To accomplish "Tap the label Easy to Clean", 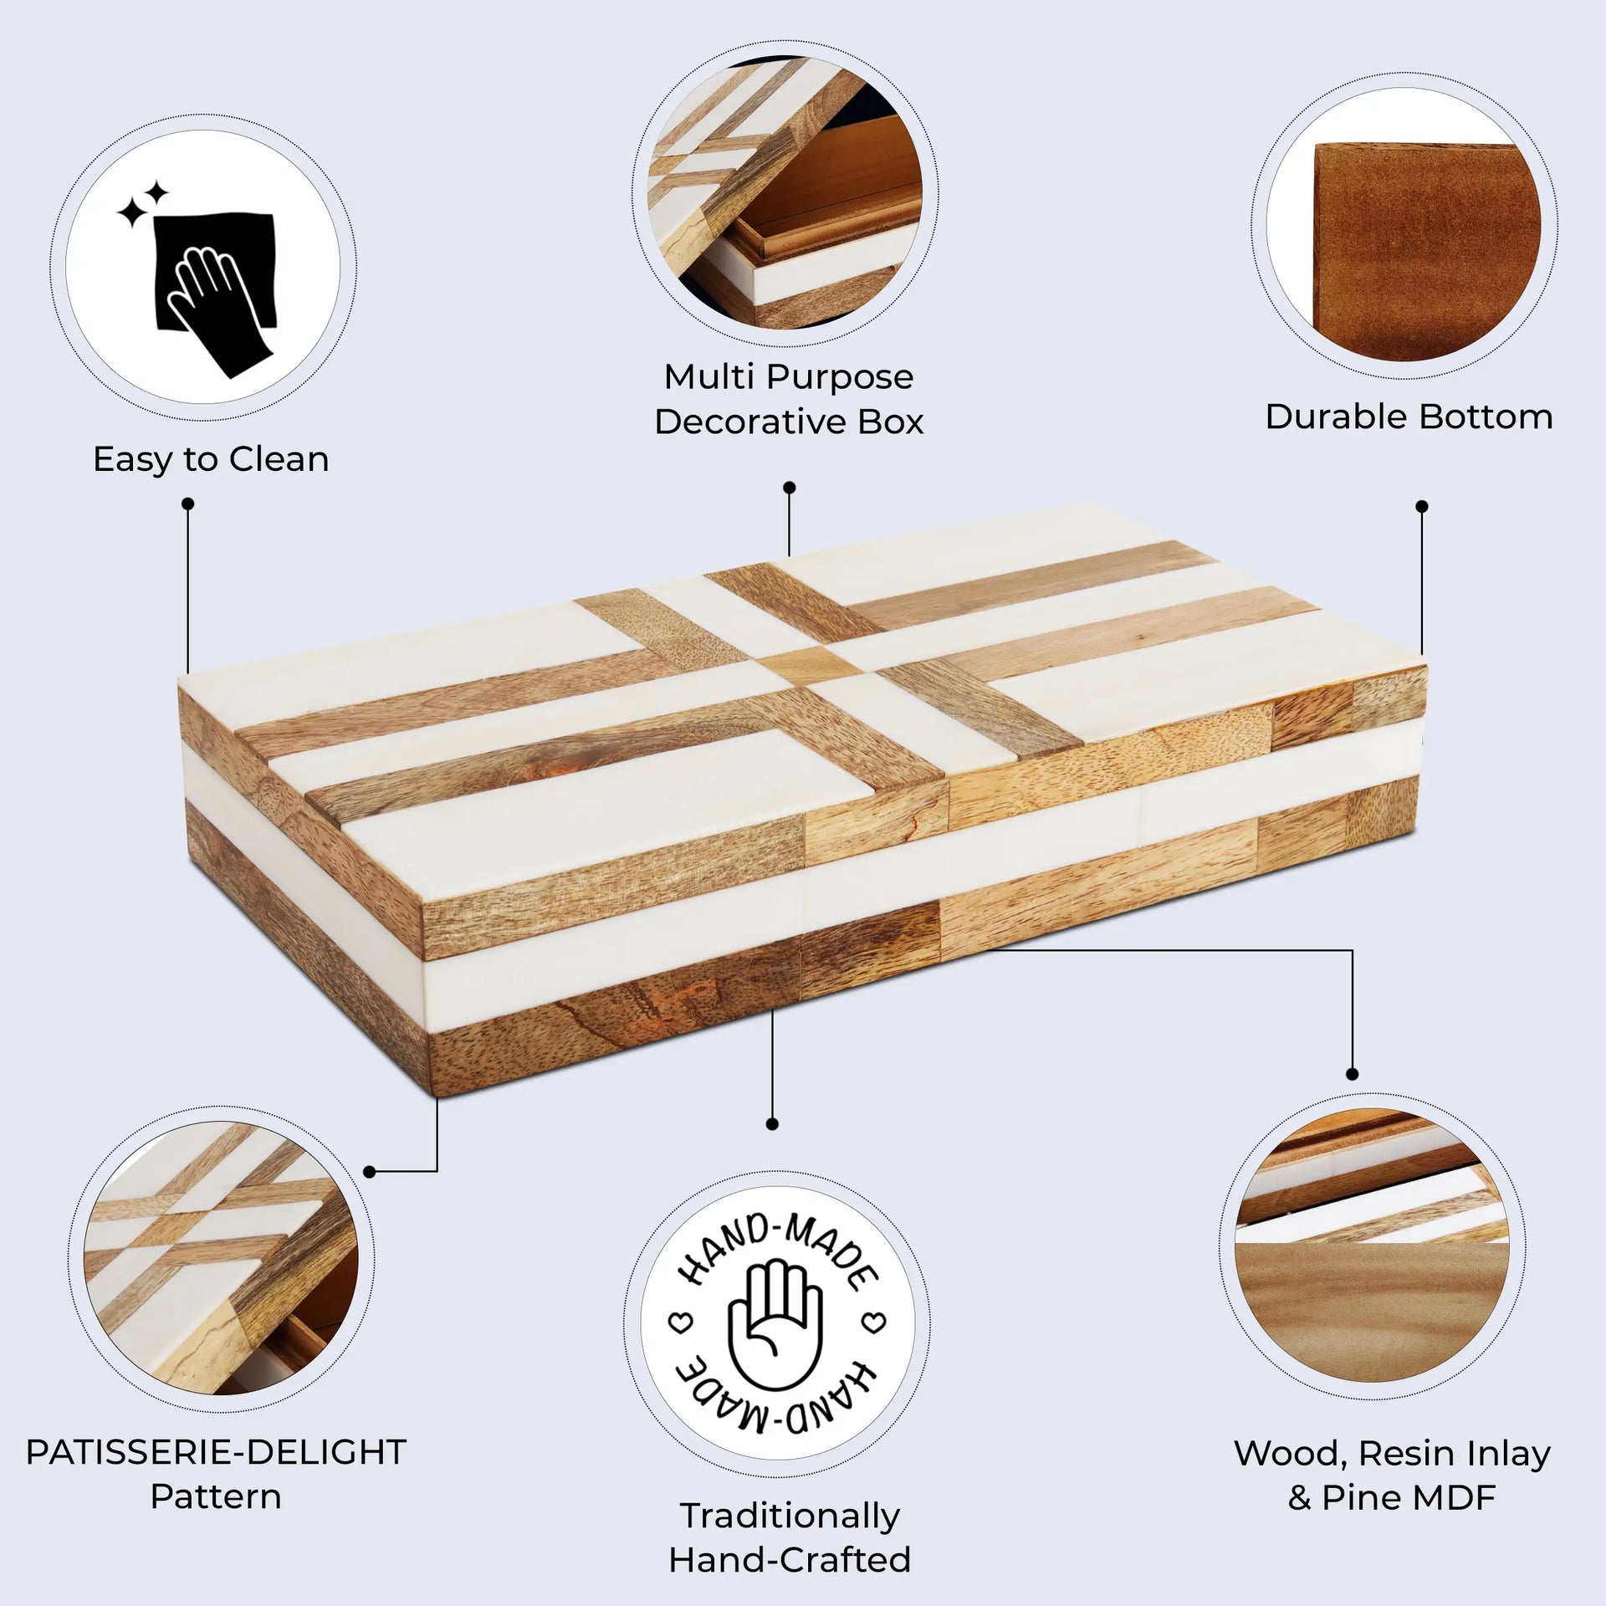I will pyautogui.click(x=211, y=459).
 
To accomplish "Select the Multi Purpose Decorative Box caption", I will pyautogui.click(x=789, y=399).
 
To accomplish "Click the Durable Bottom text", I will pyautogui.click(x=1409, y=417).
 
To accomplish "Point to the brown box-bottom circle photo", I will pyautogui.click(x=1414, y=251).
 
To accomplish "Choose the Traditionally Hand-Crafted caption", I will pyautogui.click(x=789, y=1537).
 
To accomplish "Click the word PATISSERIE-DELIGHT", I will pyautogui.click(x=216, y=1453).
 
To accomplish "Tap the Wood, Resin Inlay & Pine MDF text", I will pyautogui.click(x=1392, y=1476).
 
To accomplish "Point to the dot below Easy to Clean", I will pyautogui.click(x=188, y=504).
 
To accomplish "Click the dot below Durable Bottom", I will pyautogui.click(x=1422, y=506).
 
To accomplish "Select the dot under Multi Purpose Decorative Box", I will pyautogui.click(x=789, y=487).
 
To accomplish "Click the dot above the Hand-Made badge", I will pyautogui.click(x=772, y=1124).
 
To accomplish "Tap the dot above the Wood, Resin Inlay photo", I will pyautogui.click(x=1353, y=1074).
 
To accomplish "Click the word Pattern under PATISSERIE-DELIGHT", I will pyautogui.click(x=216, y=1497).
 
